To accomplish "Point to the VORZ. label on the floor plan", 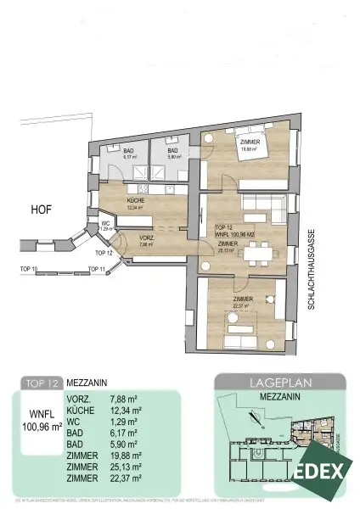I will (x=145, y=239).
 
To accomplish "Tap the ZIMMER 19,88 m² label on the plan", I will (x=249, y=146).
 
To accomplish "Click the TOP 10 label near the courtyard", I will (x=29, y=269).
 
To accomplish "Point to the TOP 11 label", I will (x=96, y=269).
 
